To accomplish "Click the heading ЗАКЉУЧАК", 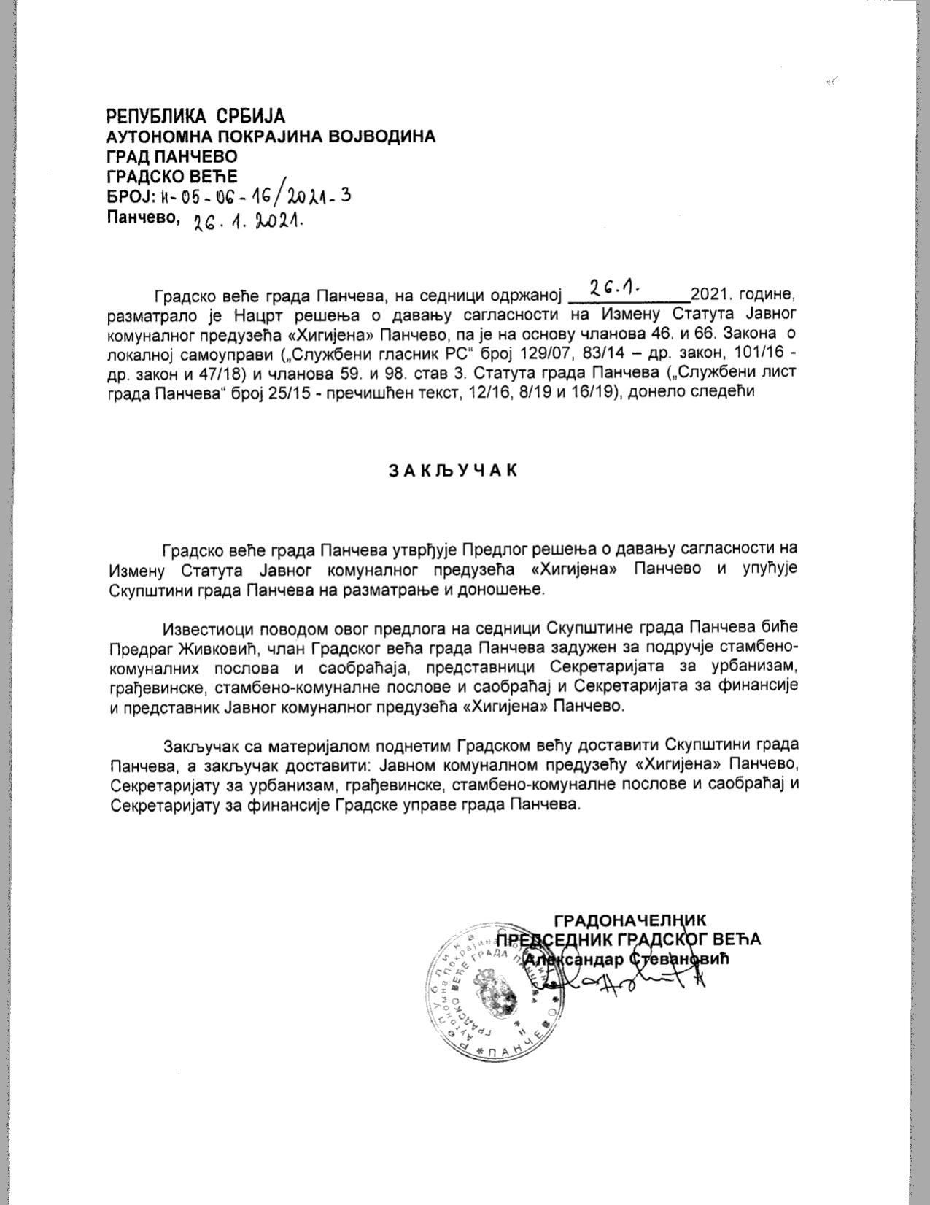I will pos(452,470).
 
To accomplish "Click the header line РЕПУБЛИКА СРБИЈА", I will pos(195,116).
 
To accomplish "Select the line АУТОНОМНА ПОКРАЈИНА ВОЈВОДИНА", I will pos(271,136).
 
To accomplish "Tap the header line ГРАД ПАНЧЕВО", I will pos(172,156).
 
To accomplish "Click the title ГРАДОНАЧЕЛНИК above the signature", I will pos(629,920).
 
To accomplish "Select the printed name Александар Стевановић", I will pos(627,959).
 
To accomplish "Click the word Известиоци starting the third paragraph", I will pos(212,628).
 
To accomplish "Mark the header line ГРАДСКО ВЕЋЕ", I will pos(172,176).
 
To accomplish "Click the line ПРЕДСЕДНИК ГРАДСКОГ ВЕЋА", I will pos(628,939).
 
